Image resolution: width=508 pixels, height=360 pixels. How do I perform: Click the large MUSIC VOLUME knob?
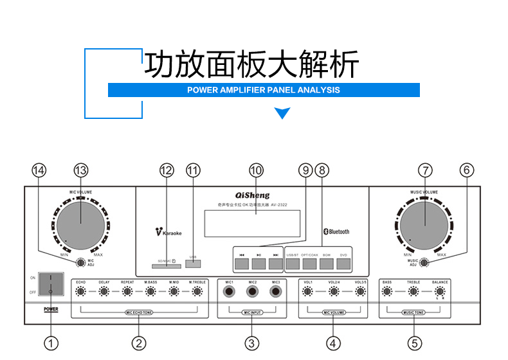[x=424, y=221]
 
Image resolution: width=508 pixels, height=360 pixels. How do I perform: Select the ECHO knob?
[x=81, y=292]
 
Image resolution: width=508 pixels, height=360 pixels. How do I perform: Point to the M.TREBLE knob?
[x=197, y=292]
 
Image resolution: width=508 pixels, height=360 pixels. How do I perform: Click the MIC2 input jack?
[x=252, y=292]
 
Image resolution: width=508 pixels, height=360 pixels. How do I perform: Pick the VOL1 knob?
[x=309, y=292]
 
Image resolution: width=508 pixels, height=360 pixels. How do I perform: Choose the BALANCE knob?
[x=440, y=292]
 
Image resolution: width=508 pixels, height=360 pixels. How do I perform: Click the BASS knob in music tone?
[x=387, y=292]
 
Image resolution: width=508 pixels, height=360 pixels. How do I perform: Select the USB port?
[x=193, y=262]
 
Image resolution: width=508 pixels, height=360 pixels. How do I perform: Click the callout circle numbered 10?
[x=256, y=170]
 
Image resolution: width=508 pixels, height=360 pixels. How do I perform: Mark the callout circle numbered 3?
[x=252, y=343]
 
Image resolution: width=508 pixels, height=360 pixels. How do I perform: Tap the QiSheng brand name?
[x=248, y=195]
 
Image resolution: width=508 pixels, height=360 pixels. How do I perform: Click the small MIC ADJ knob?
[x=80, y=262]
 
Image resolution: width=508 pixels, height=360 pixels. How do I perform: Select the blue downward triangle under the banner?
[x=282, y=114]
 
